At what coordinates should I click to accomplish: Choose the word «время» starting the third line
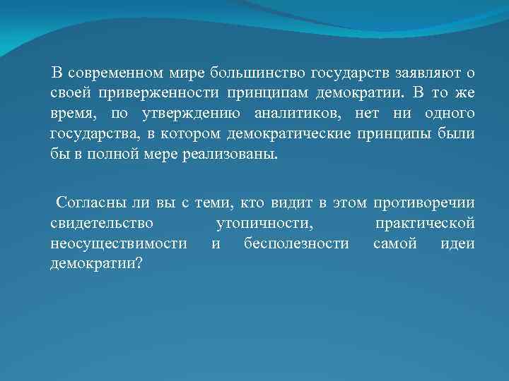click(x=72, y=114)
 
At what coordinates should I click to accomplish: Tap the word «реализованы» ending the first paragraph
click(x=227, y=155)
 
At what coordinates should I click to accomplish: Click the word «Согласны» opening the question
click(x=91, y=204)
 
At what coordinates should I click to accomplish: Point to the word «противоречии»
click(x=426, y=204)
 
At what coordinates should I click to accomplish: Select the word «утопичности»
click(x=263, y=224)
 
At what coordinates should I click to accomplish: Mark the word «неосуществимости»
click(x=119, y=244)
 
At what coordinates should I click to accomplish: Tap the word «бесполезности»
click(x=296, y=244)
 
